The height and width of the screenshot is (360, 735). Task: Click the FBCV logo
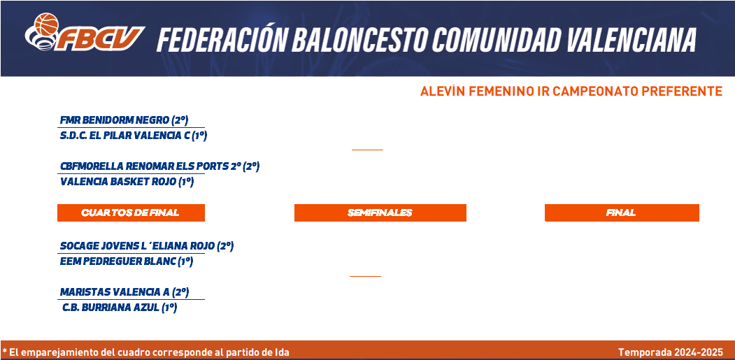[85, 32]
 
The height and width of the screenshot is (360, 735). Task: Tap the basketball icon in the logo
[46, 24]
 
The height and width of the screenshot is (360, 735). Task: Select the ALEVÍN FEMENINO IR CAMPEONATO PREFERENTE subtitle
[571, 92]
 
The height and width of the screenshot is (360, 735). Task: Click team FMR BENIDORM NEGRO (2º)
[124, 120]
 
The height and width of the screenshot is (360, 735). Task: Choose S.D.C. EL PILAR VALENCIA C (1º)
[134, 136]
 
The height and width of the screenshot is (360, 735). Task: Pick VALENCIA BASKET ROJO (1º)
[127, 182]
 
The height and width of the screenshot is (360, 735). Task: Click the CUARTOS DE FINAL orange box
[131, 213]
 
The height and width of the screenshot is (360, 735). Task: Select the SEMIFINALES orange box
[380, 213]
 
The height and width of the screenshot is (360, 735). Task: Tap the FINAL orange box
[622, 213]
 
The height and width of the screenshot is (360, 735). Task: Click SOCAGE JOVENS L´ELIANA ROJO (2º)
[147, 246]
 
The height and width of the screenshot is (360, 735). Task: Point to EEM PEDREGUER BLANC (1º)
[127, 261]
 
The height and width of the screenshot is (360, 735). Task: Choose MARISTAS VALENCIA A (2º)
[124, 292]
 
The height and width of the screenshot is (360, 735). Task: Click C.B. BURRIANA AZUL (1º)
[120, 308]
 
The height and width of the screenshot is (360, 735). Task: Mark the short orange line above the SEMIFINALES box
[368, 150]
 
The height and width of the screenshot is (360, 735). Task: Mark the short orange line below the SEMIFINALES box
[365, 276]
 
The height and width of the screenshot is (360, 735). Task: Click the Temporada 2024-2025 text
[671, 352]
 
